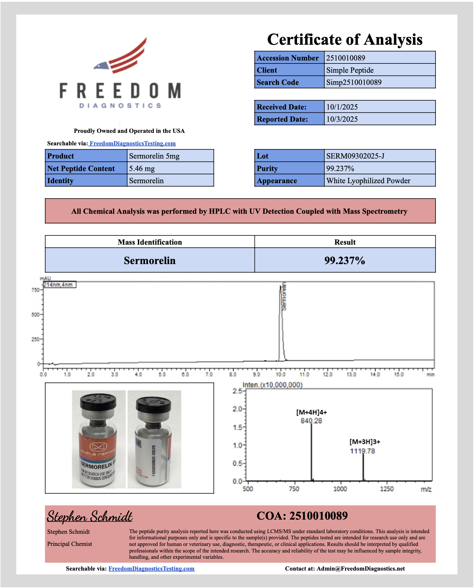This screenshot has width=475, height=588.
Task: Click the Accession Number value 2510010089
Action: tap(345, 58)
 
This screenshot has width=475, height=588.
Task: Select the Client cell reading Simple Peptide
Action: tap(350, 70)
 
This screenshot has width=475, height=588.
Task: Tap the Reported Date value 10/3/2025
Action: tap(342, 119)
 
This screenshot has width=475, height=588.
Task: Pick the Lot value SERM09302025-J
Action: tap(355, 156)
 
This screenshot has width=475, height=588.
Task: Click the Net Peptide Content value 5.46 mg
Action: tap(142, 168)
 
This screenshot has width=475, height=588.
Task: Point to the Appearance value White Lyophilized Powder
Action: tap(368, 181)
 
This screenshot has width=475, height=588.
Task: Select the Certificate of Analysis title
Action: tap(344, 39)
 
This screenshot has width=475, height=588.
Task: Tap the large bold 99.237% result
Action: tap(344, 260)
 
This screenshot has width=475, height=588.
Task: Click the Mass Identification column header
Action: tap(150, 242)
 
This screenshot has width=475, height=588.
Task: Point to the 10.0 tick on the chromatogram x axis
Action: tap(280, 375)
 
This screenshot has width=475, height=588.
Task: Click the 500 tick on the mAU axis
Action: tap(35, 315)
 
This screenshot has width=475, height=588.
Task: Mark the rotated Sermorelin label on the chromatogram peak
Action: tap(284, 296)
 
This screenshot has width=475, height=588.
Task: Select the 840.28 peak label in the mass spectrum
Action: tap(311, 421)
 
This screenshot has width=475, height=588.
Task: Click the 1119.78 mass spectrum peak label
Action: tap(362, 451)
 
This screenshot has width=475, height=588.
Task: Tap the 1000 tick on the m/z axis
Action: tap(340, 489)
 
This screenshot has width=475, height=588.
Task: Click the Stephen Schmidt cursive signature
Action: tap(89, 516)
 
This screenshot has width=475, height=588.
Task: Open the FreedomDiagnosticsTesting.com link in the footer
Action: tap(151, 569)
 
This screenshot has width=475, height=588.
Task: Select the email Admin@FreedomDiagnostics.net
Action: tap(361, 569)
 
